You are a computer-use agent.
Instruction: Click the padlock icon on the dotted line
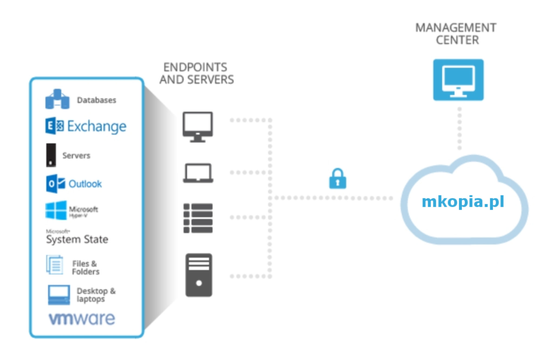pos(337,179)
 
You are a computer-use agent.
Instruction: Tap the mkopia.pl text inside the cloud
pos(463,202)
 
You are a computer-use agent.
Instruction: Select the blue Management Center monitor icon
pos(458,80)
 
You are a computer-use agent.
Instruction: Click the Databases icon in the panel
pos(57,99)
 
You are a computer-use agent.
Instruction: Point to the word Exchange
pos(97,126)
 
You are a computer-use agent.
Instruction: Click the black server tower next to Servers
pos(51,155)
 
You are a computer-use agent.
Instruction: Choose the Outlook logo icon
pos(55,184)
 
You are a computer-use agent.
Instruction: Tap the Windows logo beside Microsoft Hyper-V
pos(56,210)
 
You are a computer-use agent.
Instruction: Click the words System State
pos(77,239)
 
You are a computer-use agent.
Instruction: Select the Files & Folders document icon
pos(55,265)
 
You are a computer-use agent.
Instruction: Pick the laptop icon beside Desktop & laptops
pos(59,295)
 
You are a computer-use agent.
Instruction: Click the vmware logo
pos(82,319)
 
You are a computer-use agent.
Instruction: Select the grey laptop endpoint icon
pos(198,173)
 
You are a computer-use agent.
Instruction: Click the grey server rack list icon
pos(198,218)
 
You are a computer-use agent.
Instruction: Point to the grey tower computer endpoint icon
pos(199,275)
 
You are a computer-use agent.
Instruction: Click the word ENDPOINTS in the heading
pos(195,67)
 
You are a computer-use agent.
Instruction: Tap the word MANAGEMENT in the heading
pos(456,28)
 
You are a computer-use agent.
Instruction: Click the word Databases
pos(97,100)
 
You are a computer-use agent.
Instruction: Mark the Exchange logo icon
pos(54,126)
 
